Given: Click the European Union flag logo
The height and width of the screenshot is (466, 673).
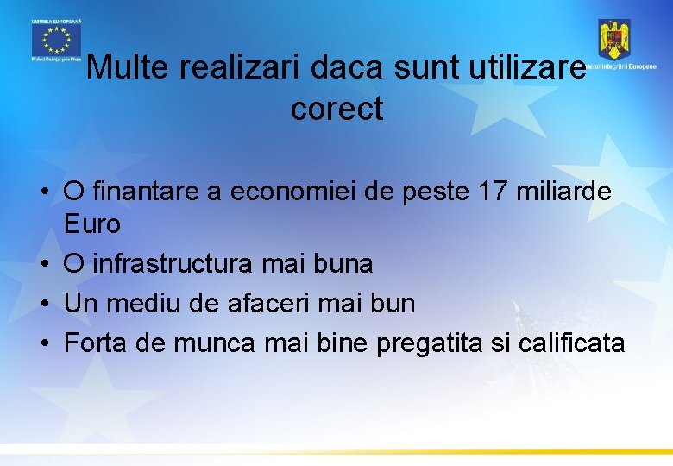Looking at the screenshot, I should pyautogui.click(x=55, y=39).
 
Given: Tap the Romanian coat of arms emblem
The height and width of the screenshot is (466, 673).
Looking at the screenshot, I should pyautogui.click(x=614, y=39).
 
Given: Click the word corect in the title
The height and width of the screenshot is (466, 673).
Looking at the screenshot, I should pyautogui.click(x=336, y=110).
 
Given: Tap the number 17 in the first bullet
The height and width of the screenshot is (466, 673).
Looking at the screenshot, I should pyautogui.click(x=495, y=192).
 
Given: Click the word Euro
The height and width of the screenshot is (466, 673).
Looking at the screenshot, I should pyautogui.click(x=92, y=224).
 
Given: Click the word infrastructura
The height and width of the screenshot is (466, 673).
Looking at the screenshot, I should pyautogui.click(x=173, y=264).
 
